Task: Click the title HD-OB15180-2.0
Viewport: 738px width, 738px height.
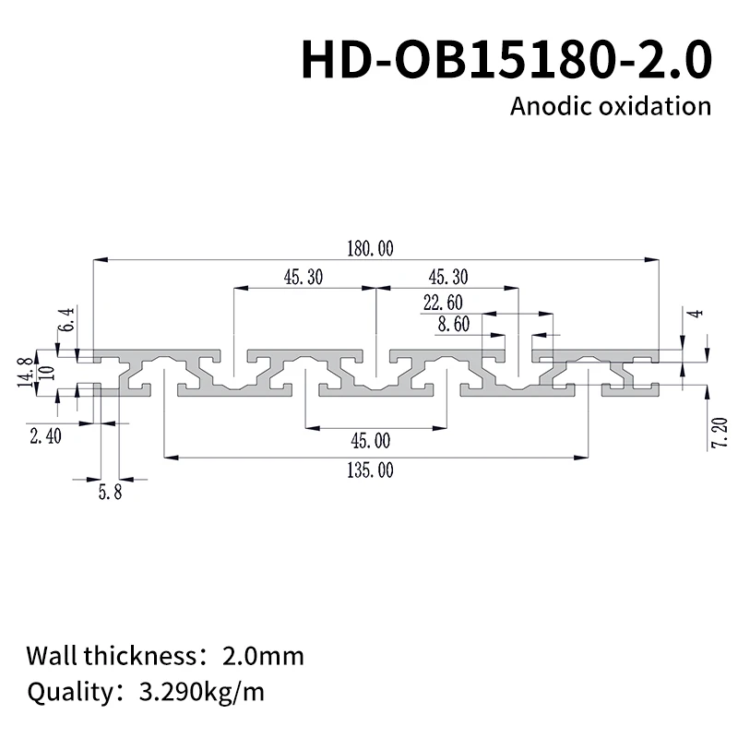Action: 506,60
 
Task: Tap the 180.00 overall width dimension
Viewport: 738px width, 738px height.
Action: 370,248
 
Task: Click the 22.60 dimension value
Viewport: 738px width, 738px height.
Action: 442,303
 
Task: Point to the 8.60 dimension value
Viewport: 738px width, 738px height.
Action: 455,324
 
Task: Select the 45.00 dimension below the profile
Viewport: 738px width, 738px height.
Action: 370,441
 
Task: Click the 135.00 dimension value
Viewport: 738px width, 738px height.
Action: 370,470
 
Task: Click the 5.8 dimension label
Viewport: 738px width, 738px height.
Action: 109,493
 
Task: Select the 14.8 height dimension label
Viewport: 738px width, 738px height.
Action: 25,372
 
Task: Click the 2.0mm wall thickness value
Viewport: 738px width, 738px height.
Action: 263,657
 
